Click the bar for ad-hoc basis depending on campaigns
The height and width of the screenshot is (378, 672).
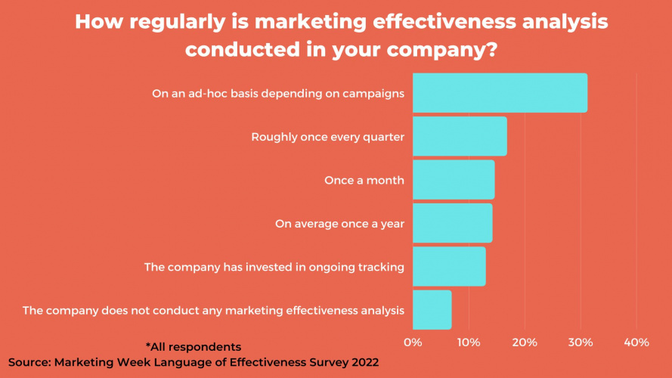click(x=500, y=93)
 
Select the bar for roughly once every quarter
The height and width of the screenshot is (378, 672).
click(x=460, y=137)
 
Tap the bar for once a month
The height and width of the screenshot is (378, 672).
click(x=454, y=180)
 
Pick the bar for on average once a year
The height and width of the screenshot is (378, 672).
click(x=452, y=223)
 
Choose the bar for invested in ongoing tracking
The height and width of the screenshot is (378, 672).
click(x=449, y=266)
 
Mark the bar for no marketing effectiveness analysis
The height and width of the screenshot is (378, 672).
click(x=432, y=309)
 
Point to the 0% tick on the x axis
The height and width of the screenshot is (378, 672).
click(x=413, y=342)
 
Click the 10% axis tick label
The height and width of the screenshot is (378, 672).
click(x=469, y=342)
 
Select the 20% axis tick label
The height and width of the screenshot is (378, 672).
click(x=525, y=342)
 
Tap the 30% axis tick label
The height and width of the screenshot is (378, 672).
click(x=581, y=342)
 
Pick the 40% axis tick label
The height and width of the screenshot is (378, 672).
click(x=636, y=342)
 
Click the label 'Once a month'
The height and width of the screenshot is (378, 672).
click(x=364, y=181)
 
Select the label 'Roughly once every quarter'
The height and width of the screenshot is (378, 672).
click(x=327, y=138)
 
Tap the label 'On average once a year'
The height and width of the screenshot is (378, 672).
click(x=339, y=224)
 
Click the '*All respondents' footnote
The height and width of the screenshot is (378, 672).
click(x=194, y=347)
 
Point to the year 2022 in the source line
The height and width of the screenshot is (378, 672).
click(x=361, y=362)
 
